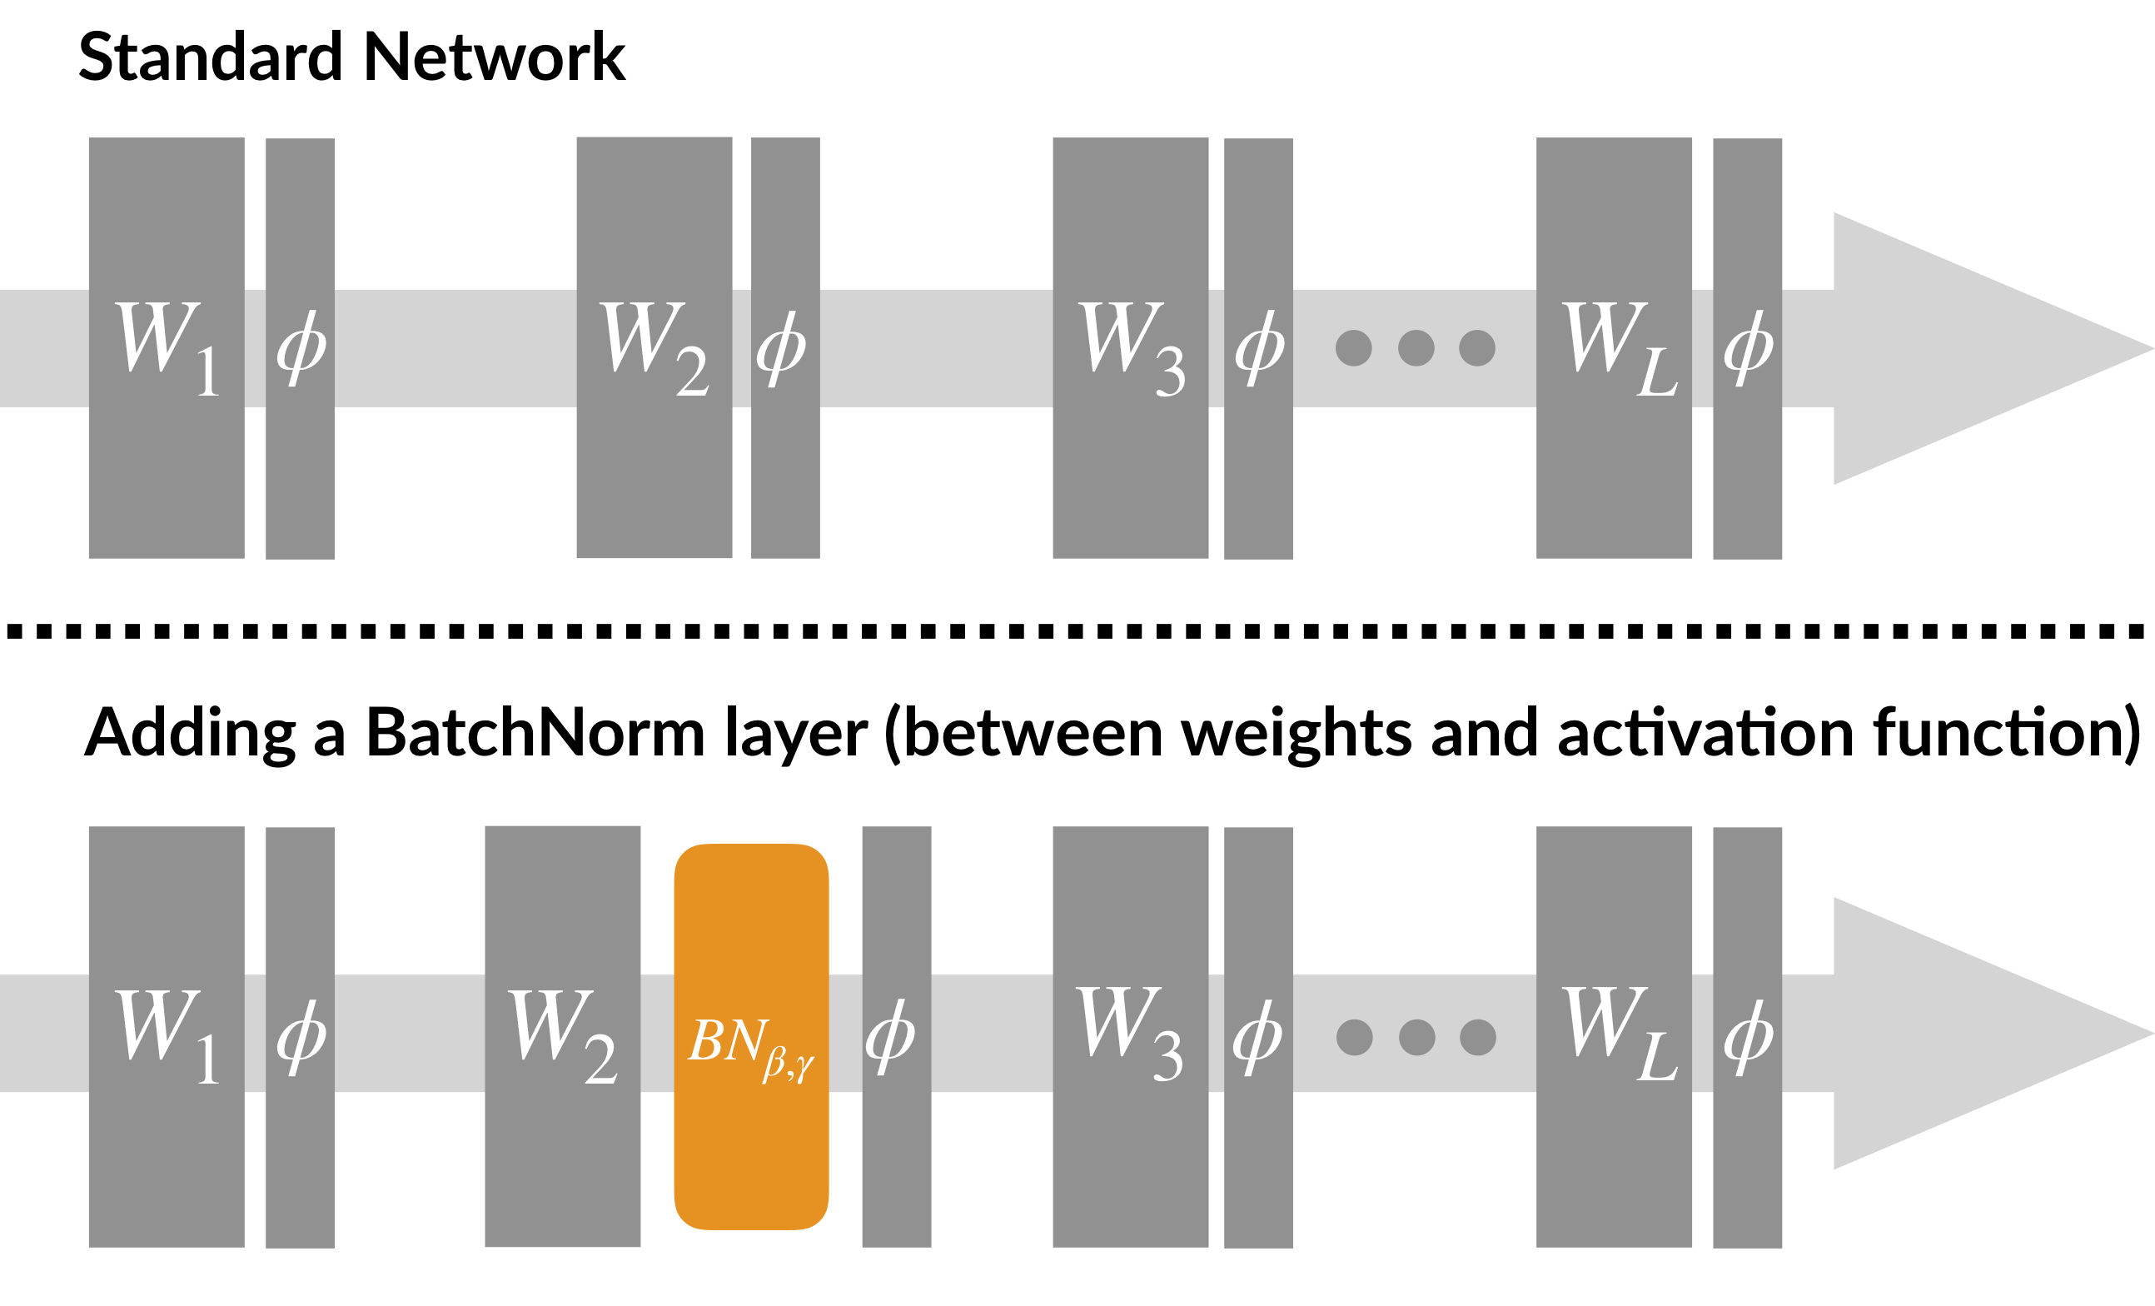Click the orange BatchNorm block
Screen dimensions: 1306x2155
[x=751, y=1037]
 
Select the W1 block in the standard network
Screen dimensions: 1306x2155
[x=167, y=347]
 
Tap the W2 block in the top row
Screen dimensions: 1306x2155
[x=654, y=347]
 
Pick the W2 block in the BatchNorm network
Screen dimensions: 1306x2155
[x=562, y=1037]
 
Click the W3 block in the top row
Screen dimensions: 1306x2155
[x=1130, y=347]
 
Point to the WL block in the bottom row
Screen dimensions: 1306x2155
[x=1614, y=1037]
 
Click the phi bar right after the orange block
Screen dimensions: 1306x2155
[x=897, y=1037]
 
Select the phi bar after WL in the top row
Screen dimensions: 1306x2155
[x=1746, y=348]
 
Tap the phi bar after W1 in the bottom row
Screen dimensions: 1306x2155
[x=300, y=1038]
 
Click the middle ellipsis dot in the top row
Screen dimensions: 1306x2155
[x=1416, y=348]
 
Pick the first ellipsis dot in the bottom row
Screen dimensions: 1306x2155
[x=1355, y=1038]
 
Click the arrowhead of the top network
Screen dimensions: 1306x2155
[x=1968, y=348]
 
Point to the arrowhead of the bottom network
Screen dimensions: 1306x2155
[x=1968, y=1033]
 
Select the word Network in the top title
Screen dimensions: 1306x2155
[x=494, y=57]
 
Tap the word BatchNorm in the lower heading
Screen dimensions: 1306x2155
[x=535, y=733]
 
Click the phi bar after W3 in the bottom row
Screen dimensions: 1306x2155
[x=1257, y=1038]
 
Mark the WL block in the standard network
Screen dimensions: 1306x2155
[x=1614, y=347]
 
